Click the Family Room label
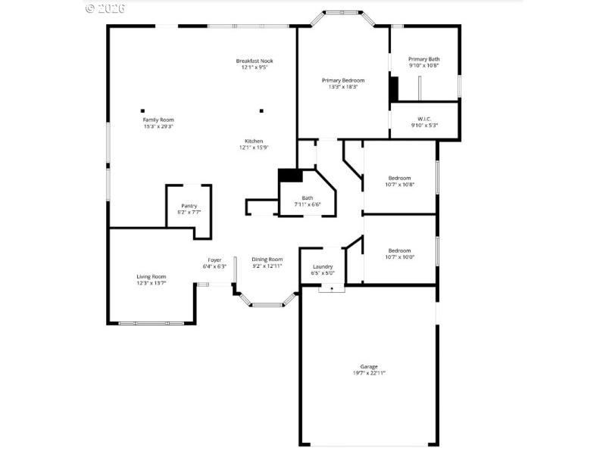158,120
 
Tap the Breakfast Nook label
255,61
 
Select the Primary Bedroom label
343,80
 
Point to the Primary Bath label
423,59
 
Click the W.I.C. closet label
423,118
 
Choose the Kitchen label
254,141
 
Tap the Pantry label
189,206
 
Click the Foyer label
215,260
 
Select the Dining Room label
267,260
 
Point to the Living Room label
151,276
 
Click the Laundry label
323,266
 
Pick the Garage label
369,366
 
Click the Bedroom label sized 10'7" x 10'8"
399,178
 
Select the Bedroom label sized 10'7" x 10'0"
399,250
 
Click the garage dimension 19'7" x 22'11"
369,373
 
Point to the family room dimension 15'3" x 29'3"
158,126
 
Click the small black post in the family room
142,110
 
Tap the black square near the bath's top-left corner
290,175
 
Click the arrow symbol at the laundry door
331,288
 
